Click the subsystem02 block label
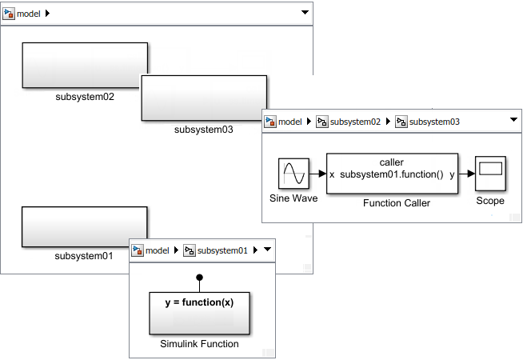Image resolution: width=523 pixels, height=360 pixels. pos(85,97)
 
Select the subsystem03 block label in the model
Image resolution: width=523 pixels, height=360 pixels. pos(203,130)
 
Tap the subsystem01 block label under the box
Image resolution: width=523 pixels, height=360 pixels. pos(84,256)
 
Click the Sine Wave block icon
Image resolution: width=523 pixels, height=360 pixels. pos(293,174)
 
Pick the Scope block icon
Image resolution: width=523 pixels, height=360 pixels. pos(490,174)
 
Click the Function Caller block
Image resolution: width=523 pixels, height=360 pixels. pos(392,174)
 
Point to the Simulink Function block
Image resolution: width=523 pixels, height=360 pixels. pos(199,314)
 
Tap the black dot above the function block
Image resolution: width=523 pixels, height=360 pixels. pos(199,278)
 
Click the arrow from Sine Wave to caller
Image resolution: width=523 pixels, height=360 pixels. pos(317,174)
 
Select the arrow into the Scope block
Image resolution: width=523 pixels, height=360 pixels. pos(467,174)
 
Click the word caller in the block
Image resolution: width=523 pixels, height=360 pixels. pos(392,162)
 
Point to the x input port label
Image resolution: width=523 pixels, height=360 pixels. pos(332,174)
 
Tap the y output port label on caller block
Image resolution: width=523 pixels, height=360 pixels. pos(452,175)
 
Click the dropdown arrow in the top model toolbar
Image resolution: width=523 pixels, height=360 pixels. pos(305,12)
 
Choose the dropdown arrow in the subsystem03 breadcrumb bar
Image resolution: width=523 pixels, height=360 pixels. pos(513,119)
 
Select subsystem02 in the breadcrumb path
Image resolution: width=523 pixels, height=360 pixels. pos(355,122)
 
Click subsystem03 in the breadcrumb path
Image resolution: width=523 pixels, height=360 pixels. pos(434,122)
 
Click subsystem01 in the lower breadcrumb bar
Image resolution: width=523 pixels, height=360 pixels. pos(222,250)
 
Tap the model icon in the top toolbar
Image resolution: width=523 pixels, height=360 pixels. pos(9,14)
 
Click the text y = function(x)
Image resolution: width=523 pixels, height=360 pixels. pos(199,302)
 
